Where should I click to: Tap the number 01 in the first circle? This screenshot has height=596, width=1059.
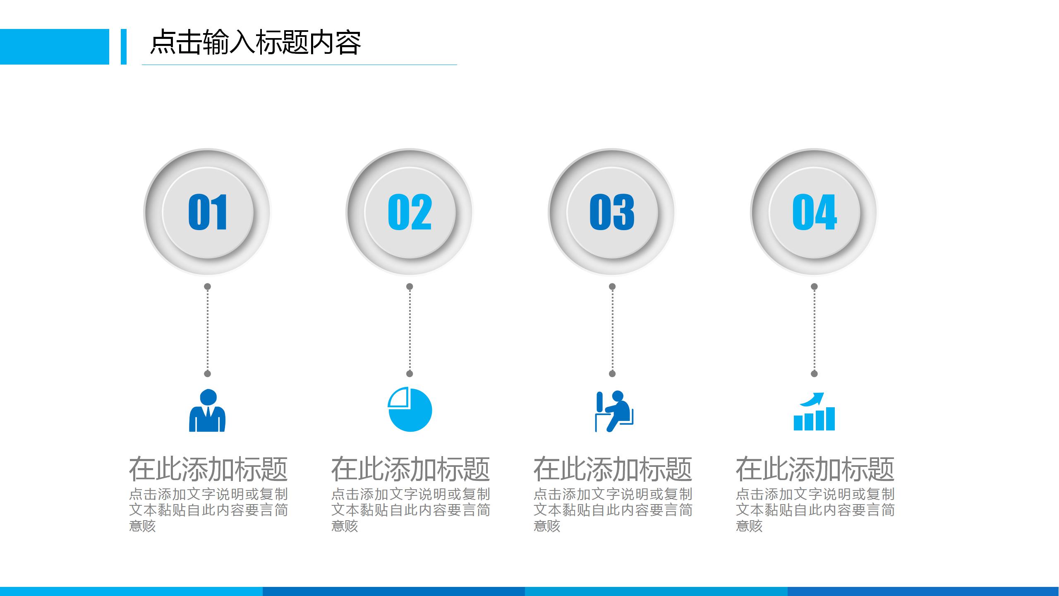pyautogui.click(x=208, y=212)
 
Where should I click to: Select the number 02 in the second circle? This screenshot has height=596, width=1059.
pyautogui.click(x=410, y=212)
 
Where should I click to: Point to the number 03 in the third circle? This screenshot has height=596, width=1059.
pyautogui.click(x=612, y=212)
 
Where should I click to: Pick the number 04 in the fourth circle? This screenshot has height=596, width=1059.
pyautogui.click(x=814, y=212)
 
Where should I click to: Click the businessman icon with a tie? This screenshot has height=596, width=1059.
pyautogui.click(x=207, y=411)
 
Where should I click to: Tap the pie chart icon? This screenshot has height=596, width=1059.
pyautogui.click(x=410, y=410)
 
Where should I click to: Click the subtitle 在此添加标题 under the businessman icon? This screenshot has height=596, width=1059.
pyautogui.click(x=208, y=469)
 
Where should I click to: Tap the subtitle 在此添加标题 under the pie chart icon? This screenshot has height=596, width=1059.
pyautogui.click(x=410, y=469)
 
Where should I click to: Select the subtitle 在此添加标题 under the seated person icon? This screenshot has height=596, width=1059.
pyautogui.click(x=613, y=469)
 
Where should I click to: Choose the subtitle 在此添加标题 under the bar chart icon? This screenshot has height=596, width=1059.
pyautogui.click(x=815, y=469)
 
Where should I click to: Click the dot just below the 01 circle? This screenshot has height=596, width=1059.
pyautogui.click(x=208, y=286)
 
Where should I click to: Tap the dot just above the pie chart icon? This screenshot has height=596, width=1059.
pyautogui.click(x=410, y=374)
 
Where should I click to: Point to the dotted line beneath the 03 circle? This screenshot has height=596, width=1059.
pyautogui.click(x=612, y=330)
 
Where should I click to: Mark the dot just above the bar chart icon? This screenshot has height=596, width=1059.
pyautogui.click(x=814, y=374)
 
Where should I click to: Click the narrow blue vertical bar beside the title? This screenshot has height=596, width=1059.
pyautogui.click(x=123, y=47)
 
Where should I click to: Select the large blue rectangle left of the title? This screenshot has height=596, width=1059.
pyautogui.click(x=54, y=47)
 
